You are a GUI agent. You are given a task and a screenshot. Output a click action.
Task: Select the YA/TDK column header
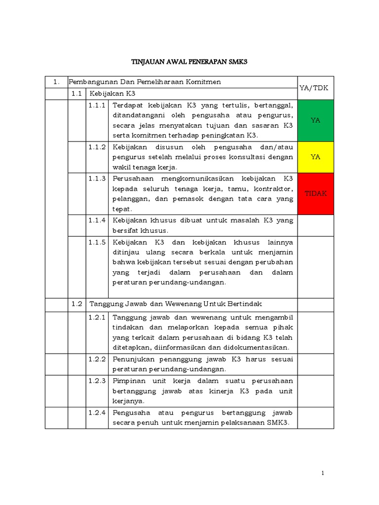(315, 87)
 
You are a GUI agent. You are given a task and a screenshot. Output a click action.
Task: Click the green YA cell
(315, 120)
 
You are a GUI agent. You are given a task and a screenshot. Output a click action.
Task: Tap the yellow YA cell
(315, 157)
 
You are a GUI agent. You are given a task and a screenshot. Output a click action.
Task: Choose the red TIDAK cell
(315, 193)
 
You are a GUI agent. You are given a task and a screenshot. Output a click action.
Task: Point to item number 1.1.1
(97, 105)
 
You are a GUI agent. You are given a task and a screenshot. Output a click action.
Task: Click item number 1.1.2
(97, 147)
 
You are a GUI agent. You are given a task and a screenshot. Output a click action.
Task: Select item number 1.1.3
(97, 179)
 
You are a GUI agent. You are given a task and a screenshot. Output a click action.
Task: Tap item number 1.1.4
(97, 220)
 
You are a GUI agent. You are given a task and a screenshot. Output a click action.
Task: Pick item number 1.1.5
(97, 242)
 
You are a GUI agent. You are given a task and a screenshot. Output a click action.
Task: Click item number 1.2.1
(97, 317)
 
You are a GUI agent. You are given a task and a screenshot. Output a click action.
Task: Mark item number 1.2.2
(97, 359)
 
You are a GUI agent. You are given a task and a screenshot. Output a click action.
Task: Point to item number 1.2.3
(97, 381)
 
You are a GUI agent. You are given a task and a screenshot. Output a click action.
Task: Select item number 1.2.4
(97, 412)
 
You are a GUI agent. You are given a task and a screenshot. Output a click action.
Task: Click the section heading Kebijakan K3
(112, 93)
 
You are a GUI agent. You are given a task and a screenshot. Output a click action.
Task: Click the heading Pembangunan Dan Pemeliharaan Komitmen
(144, 81)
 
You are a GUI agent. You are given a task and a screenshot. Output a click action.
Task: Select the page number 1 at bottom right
(323, 473)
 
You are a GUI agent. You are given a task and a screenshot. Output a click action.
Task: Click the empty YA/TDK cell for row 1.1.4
(315, 225)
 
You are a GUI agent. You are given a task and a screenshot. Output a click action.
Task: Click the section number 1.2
(76, 304)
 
